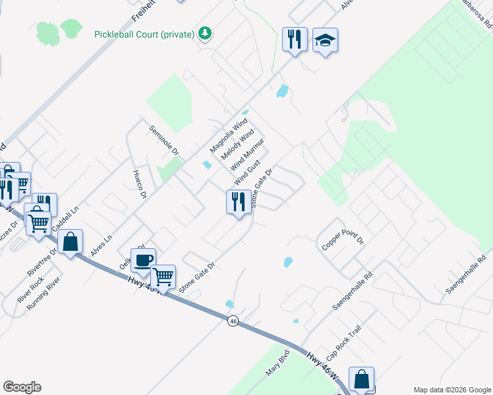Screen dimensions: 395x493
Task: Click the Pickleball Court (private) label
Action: click(x=144, y=34)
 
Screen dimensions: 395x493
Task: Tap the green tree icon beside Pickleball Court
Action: click(x=206, y=33)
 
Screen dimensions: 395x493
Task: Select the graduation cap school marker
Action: click(x=325, y=41)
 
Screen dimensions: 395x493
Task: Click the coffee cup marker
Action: click(x=143, y=259)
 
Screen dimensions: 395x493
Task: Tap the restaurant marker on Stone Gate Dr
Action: click(x=238, y=200)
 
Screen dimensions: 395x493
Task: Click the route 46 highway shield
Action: click(x=233, y=321)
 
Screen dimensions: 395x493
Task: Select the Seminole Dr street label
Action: click(x=165, y=140)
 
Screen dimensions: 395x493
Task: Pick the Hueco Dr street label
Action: click(x=138, y=184)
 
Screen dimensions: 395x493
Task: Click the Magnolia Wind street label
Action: click(x=228, y=134)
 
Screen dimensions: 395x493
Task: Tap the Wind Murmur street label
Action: click(x=247, y=155)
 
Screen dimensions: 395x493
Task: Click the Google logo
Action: click(x=22, y=387)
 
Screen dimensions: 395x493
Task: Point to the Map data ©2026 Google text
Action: click(x=452, y=390)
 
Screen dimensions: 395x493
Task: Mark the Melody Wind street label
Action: click(x=237, y=144)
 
